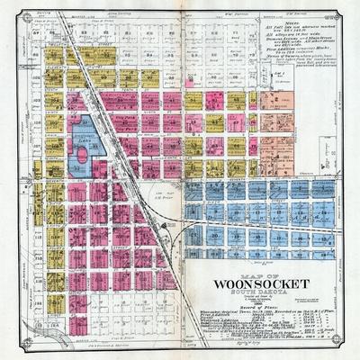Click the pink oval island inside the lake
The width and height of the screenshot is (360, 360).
pyautogui.click(x=82, y=156)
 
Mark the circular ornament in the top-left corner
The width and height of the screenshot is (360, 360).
pyautogui.click(x=9, y=9)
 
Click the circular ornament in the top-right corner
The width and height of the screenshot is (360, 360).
pyautogui.click(x=350, y=9)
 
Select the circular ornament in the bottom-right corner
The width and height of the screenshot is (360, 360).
pyautogui.click(x=350, y=350)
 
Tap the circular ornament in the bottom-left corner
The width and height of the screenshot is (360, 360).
pyautogui.click(x=9, y=350)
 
